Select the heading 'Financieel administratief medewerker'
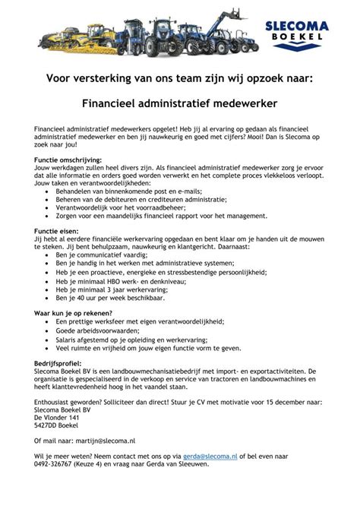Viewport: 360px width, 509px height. tap(179, 102)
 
